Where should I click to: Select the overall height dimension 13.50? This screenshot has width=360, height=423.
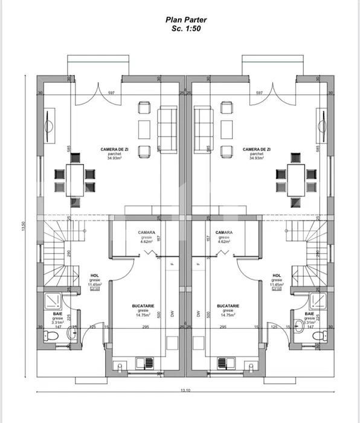point(23,225)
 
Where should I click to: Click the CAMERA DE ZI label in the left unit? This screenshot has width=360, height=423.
point(114,149)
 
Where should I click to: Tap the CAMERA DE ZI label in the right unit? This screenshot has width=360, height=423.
point(256,149)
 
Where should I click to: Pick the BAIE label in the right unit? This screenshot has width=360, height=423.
point(309,314)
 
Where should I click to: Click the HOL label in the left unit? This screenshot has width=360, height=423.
point(94,276)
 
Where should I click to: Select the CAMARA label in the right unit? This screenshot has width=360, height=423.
point(224,233)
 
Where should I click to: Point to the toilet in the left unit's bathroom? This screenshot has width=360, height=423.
point(53,335)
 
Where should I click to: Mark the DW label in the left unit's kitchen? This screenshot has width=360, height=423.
point(173,314)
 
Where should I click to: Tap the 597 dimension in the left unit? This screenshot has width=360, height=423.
point(111,92)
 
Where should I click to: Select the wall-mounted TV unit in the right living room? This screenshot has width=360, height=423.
point(321,126)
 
